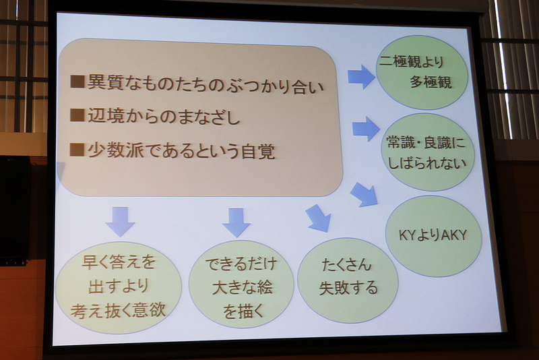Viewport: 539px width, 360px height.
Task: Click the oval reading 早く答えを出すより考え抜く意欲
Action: coord(119,287)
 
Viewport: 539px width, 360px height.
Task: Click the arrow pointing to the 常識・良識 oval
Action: coord(366,128)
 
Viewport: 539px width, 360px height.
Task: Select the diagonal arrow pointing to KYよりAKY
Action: coord(364,194)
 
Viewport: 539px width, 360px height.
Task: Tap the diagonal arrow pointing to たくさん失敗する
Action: coord(317,218)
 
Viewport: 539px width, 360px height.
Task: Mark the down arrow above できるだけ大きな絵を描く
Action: coord(236,221)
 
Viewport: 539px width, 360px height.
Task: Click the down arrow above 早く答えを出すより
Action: coord(120,220)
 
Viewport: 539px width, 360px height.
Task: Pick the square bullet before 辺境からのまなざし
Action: coord(77,117)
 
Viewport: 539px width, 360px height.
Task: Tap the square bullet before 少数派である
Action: coord(77,150)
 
